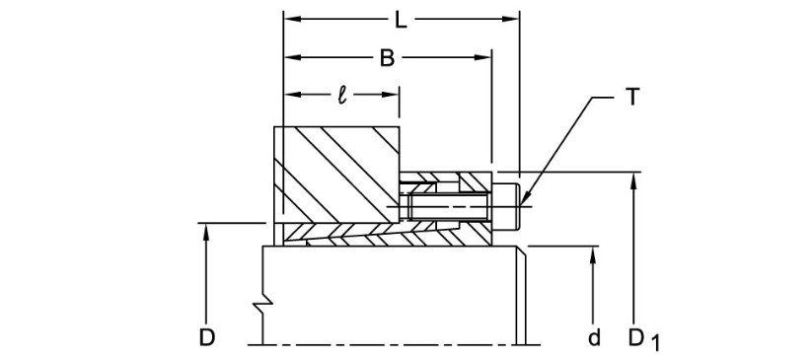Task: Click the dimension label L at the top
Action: click(x=401, y=20)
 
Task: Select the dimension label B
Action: click(x=387, y=58)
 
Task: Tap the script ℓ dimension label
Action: click(x=342, y=96)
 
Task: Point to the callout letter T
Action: click(x=632, y=98)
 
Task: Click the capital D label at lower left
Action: click(x=207, y=337)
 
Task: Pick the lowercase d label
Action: click(x=595, y=337)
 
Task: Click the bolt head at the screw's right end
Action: click(x=506, y=206)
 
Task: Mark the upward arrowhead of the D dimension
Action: click(x=206, y=231)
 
